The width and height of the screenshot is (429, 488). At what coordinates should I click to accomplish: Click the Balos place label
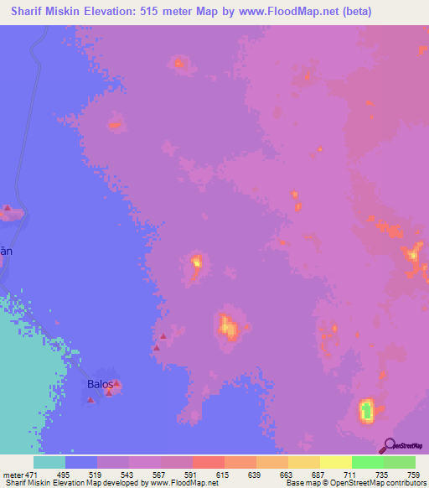[x=99, y=384]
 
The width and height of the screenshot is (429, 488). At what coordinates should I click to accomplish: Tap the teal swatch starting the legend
[x=49, y=463]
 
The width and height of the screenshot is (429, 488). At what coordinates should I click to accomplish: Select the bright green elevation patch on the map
[x=366, y=411]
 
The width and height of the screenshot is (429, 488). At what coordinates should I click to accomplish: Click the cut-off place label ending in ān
[x=6, y=251]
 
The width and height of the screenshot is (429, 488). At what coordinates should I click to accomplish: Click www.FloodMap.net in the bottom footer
[x=179, y=482]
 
